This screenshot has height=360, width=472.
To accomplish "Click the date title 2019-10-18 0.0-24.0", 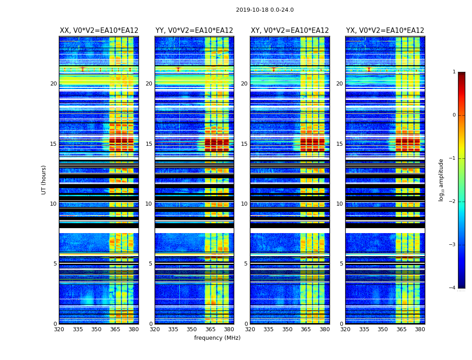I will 265,10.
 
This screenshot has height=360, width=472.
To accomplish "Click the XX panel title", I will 99,31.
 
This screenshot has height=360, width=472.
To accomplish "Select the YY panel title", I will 194,31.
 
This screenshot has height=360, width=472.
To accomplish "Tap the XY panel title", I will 289,31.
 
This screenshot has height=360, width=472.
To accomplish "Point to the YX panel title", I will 385,31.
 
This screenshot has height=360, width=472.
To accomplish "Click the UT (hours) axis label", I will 44,180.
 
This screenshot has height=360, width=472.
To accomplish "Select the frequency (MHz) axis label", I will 217,338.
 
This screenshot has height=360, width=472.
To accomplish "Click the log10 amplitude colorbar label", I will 441,180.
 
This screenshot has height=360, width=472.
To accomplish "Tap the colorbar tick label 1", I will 454,72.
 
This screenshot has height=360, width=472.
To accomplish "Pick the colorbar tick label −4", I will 453,288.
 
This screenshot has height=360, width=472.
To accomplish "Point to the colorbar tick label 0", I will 454,115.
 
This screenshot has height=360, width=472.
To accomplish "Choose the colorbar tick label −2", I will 453,202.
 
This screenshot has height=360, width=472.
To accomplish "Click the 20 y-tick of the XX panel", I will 53,84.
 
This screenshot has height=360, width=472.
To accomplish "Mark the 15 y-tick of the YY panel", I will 149,144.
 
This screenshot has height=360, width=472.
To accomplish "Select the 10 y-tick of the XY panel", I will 244,204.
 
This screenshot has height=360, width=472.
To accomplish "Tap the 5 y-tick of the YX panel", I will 341,264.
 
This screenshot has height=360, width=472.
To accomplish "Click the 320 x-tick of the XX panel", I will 59,329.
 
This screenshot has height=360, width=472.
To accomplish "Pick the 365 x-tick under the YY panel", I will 211,329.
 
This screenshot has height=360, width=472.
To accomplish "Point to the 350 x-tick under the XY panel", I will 287,329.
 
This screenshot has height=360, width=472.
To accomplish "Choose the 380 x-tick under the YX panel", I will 420,329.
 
